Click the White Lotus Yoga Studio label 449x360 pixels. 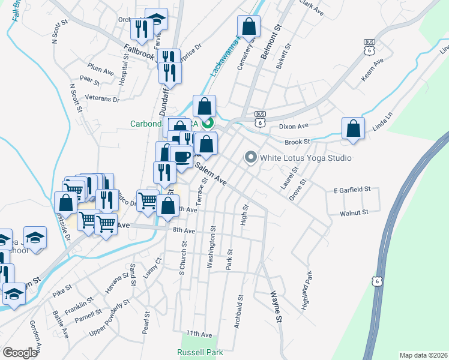coord(305,158)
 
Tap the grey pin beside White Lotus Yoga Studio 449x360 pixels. coord(250,157)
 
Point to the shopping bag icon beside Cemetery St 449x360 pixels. coord(249,26)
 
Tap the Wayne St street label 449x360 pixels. coord(276,308)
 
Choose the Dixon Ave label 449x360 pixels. coord(294,126)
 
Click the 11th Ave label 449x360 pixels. coord(199,333)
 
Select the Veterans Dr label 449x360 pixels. coord(103,99)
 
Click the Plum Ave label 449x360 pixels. coord(100,70)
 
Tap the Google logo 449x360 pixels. coord(20,353)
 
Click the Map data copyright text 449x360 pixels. coord(423,355)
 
